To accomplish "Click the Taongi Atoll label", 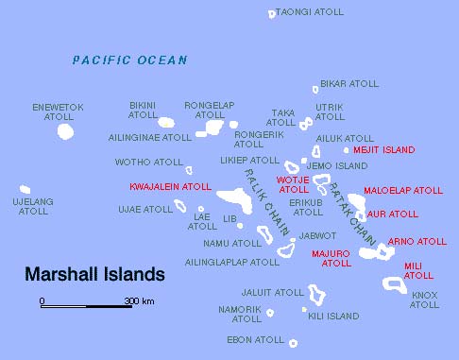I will [x=307, y=12].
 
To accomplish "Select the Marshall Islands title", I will [x=94, y=275].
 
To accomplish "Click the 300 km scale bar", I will [x=85, y=305].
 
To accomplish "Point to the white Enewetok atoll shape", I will [x=64, y=131].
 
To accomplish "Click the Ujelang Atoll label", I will [x=33, y=206].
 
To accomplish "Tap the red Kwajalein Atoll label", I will [x=171, y=187].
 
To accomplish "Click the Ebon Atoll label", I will [x=255, y=339].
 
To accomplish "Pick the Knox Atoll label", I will [x=424, y=300].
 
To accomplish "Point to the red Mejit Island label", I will [x=384, y=150].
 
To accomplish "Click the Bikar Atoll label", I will [x=348, y=83].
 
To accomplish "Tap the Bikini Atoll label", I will [x=144, y=110].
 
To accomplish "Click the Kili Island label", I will [x=333, y=316].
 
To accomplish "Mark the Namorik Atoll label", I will [x=240, y=313].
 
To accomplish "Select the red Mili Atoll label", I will [x=418, y=270].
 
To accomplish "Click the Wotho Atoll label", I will [x=149, y=163].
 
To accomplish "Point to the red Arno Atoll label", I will [x=417, y=242].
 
